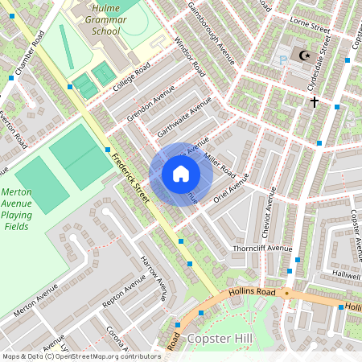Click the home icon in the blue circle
(x=181, y=174)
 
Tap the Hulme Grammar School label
(x=105, y=19)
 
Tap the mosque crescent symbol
(x=304, y=56)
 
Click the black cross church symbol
(x=315, y=101)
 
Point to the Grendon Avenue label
(x=150, y=108)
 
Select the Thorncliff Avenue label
(x=263, y=249)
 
